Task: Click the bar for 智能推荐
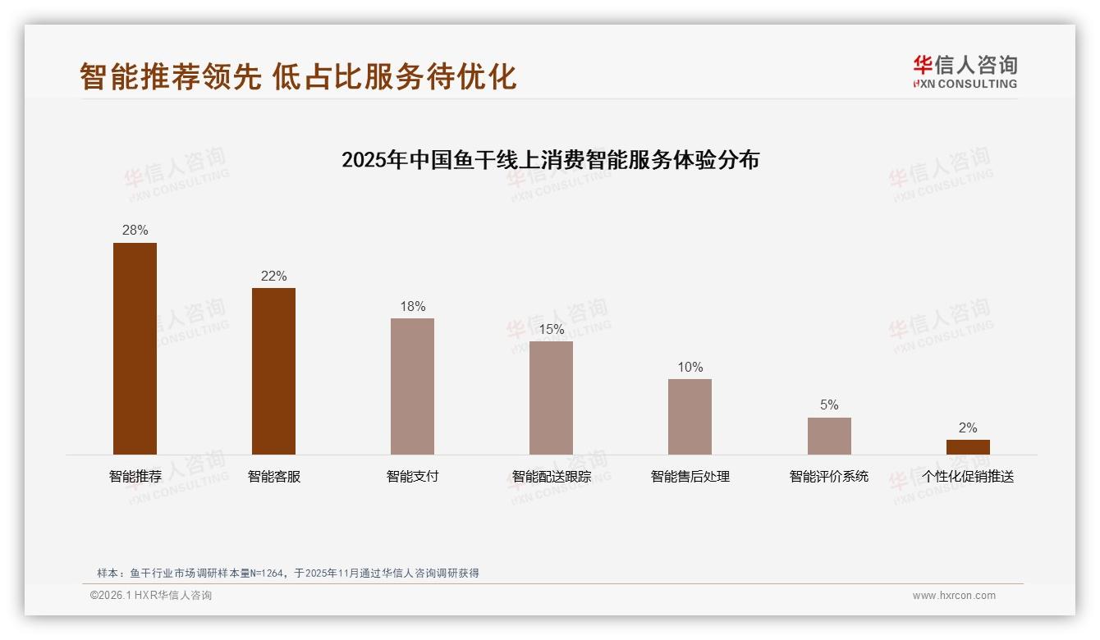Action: coord(135,349)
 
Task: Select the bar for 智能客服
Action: coord(273,371)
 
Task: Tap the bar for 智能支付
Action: coord(412,386)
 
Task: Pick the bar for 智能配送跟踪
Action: coord(551,398)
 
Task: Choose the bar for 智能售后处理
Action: coord(690,417)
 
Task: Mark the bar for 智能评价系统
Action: coord(829,436)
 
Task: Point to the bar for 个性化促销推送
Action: coord(968,447)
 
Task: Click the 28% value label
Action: coord(135,231)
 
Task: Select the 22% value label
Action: coord(273,277)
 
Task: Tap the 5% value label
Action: coord(829,405)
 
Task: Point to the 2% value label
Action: coord(968,428)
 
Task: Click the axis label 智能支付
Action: coord(412,477)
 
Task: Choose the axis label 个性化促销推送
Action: coord(968,477)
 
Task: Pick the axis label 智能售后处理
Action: coord(690,477)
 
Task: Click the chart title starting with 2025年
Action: coord(550,159)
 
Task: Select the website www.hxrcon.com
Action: coord(954,596)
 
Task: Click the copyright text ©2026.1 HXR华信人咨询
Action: coord(150,596)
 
